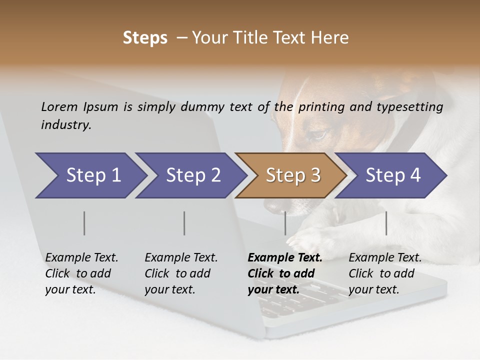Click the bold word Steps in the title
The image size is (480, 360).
click(x=145, y=38)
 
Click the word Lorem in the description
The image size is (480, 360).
click(x=59, y=106)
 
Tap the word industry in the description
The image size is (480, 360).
click(x=65, y=124)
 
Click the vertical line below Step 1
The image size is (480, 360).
click(x=84, y=223)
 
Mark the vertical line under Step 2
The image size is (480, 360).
click(x=184, y=223)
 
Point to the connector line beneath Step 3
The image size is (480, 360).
click(x=285, y=223)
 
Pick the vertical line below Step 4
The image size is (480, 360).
click(x=386, y=223)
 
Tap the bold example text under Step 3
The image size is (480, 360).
click(x=284, y=273)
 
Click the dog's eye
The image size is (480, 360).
click(x=318, y=134)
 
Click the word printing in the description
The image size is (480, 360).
click(x=321, y=106)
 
